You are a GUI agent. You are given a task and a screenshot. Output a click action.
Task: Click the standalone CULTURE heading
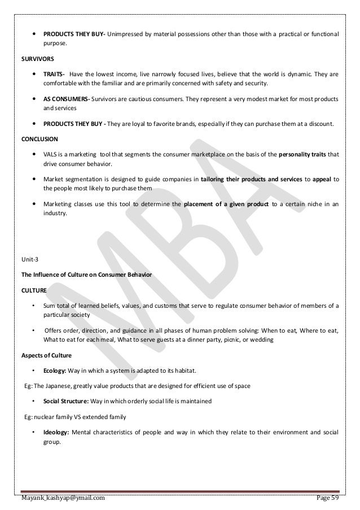[x=34, y=290]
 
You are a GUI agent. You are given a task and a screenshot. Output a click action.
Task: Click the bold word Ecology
[x=55, y=370]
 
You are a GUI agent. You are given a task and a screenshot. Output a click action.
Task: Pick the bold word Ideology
[x=56, y=433]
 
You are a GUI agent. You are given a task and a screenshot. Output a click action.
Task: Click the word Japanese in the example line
[x=61, y=386]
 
